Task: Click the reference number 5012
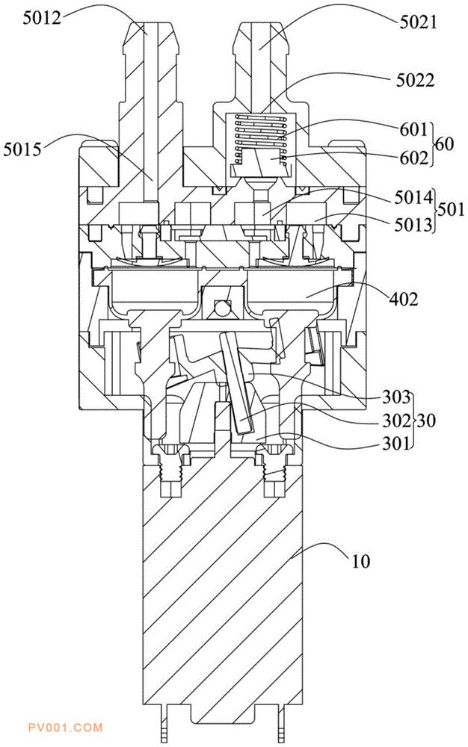(x=41, y=19)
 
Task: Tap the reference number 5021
(x=418, y=22)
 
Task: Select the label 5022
(x=415, y=81)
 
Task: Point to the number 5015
(x=23, y=149)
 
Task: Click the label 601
(x=413, y=129)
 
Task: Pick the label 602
(x=413, y=158)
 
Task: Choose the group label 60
(x=445, y=144)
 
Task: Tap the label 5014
(x=413, y=197)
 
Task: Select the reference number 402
(x=403, y=300)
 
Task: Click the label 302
(x=396, y=421)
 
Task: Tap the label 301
(x=396, y=444)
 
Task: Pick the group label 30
(x=427, y=421)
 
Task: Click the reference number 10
(x=361, y=562)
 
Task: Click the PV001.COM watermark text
(x=65, y=728)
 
